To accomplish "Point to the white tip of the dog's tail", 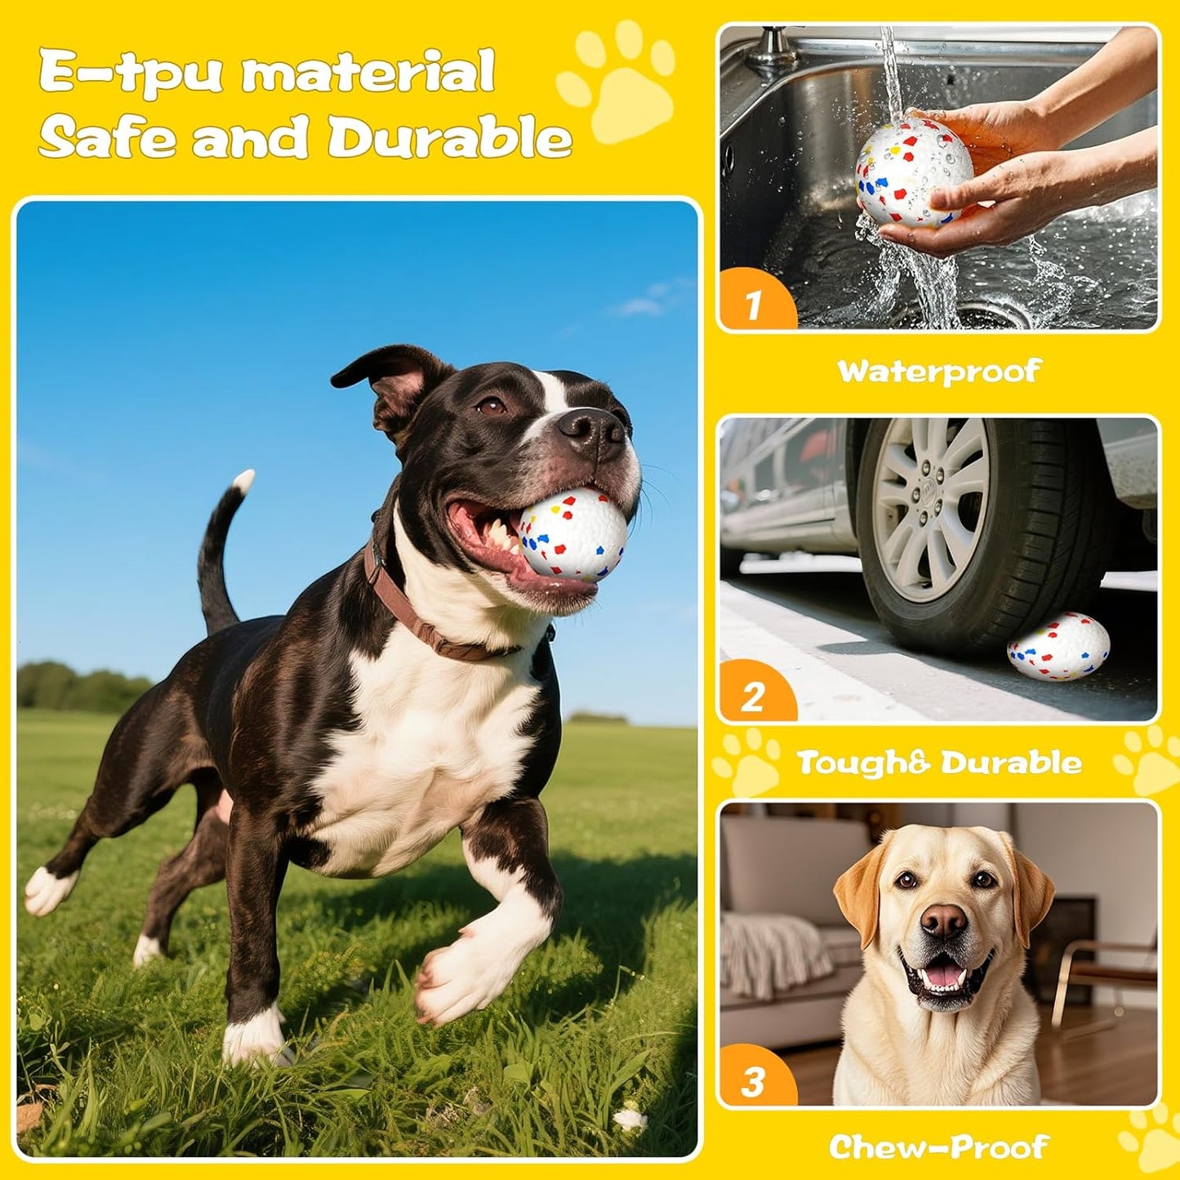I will [x=243, y=481].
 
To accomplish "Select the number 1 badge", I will [x=753, y=305].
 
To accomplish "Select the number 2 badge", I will [x=753, y=697].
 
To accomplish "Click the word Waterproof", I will [x=939, y=372].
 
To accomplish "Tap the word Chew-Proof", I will [x=939, y=1147].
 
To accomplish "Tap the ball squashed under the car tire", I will [x=1058, y=647].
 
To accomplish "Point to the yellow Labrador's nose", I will [x=943, y=921].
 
